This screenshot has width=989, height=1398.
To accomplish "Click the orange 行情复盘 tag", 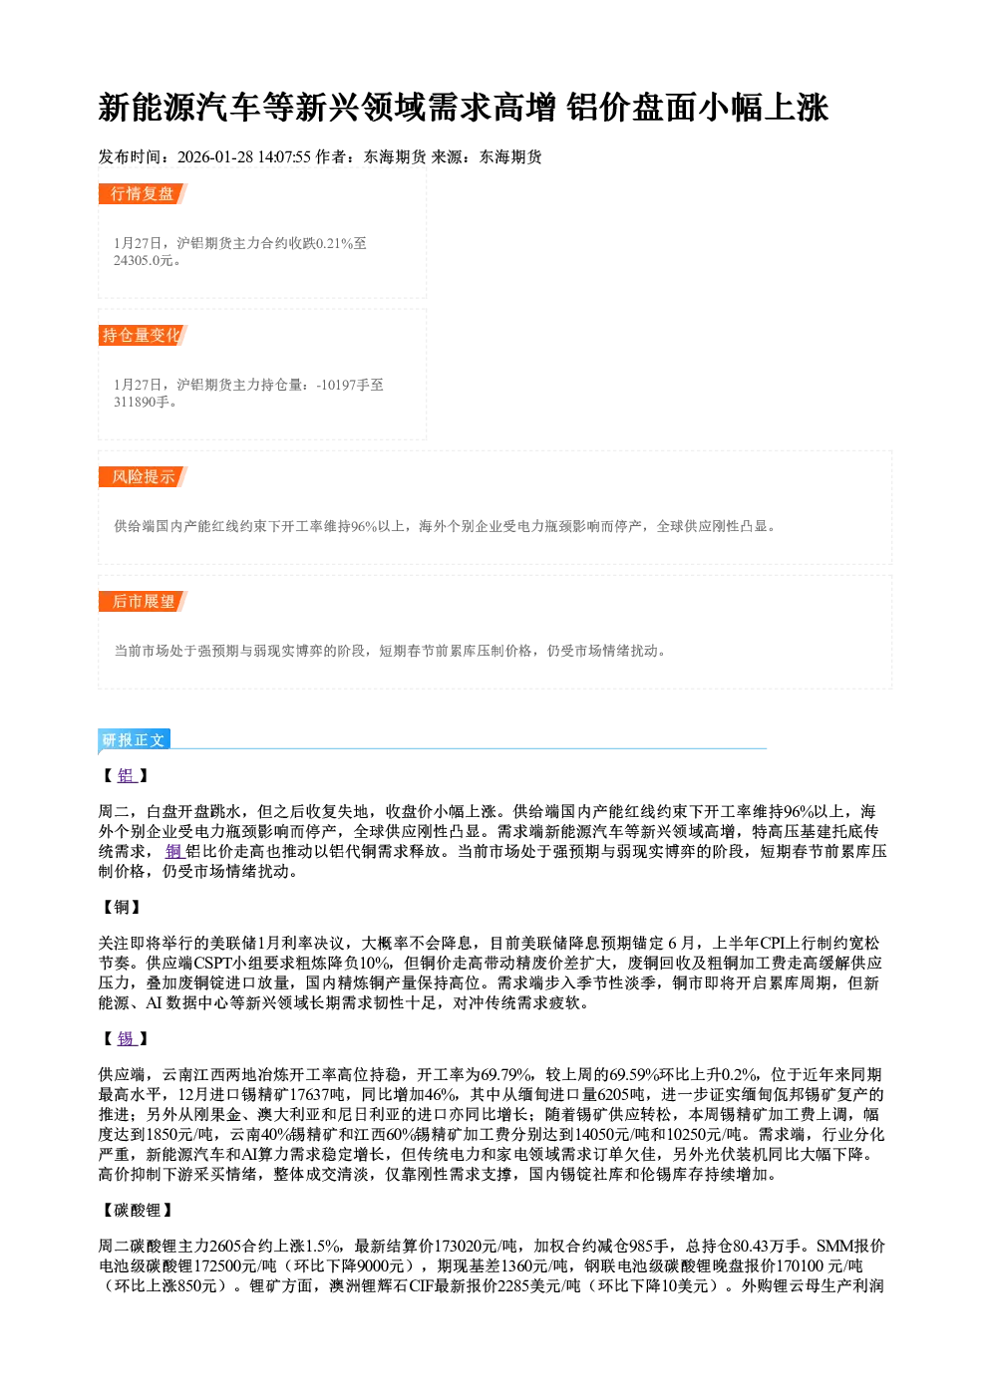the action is click(x=143, y=193).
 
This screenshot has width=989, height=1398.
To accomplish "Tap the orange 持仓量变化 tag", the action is click(x=143, y=335).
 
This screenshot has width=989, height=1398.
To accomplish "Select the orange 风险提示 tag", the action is click(x=143, y=477).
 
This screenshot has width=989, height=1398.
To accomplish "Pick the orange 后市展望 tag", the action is click(x=143, y=601).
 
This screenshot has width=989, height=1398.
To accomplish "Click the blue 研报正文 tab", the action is click(x=134, y=740).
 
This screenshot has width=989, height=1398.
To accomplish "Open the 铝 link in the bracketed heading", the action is click(x=127, y=776).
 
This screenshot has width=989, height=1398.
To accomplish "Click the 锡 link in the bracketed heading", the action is click(x=127, y=1038).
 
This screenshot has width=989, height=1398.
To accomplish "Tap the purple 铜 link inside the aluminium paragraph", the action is click(x=174, y=851).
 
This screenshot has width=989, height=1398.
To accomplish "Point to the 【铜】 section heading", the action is click(x=123, y=907).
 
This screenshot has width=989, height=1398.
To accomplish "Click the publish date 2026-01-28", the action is click(x=215, y=156).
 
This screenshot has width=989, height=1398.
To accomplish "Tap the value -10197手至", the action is click(x=350, y=385).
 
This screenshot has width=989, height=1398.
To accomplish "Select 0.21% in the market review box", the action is click(x=335, y=243).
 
